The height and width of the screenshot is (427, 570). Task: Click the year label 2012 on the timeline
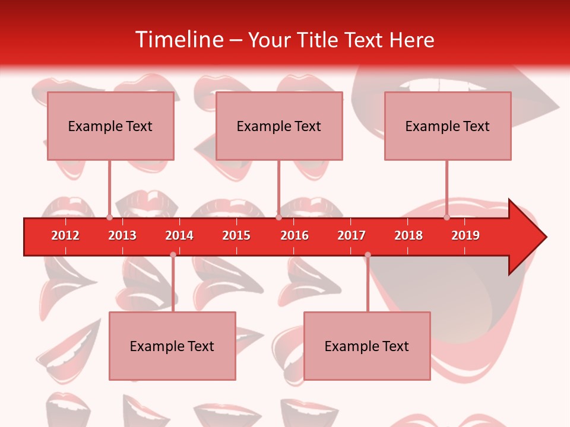pos(65,235)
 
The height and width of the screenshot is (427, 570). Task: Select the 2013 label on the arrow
pos(122,235)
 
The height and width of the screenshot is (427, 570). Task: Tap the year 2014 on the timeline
pos(179,235)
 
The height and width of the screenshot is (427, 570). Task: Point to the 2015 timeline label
pos(236,235)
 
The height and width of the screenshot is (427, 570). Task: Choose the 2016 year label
pos(294,235)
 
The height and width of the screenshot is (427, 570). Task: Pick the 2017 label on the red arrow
pos(351,235)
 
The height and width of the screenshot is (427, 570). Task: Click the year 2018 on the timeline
pos(408,235)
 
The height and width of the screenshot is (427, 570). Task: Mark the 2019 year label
pos(465,235)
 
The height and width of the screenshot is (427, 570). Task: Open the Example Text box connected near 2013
pos(110,126)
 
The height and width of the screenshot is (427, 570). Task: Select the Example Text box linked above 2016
pos(279,126)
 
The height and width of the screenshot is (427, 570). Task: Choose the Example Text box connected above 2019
pos(448,126)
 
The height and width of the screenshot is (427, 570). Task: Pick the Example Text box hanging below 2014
pos(172,346)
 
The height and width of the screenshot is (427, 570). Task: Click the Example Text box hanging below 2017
pos(367,346)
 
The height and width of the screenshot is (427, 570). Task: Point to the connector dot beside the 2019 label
pos(447,217)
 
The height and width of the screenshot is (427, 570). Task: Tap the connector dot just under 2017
pos(368,255)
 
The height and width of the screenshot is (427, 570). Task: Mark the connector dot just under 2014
pos(173,255)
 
